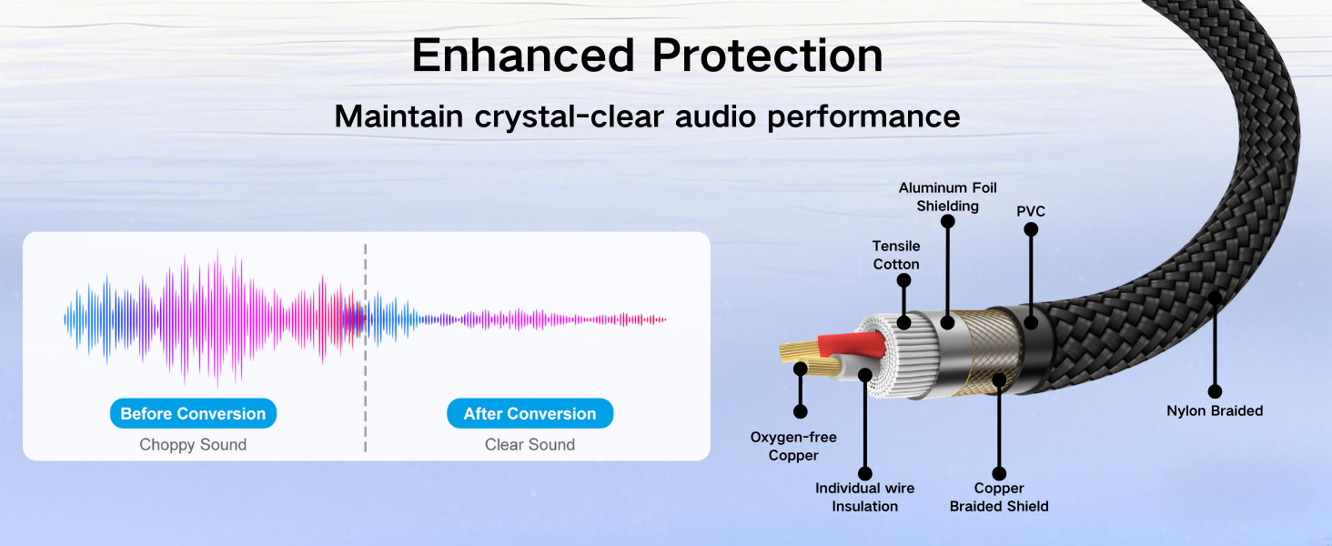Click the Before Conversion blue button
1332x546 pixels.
193,413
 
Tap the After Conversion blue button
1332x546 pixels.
530,413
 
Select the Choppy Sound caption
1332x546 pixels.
193,444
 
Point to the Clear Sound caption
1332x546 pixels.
530,444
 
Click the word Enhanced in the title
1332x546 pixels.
523,56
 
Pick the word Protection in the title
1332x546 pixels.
767,56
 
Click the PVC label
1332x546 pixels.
1031,211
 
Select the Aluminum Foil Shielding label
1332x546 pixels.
947,197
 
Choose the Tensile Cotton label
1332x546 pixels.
896,255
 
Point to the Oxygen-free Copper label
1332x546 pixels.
793,446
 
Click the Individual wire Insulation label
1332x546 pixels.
864,497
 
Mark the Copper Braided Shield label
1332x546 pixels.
999,497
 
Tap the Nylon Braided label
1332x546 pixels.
1215,411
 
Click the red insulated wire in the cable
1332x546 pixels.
852,344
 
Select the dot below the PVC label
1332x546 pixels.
1031,229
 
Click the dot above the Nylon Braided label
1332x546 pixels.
1215,391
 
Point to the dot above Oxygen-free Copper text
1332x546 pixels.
801,411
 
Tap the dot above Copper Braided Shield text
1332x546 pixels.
999,473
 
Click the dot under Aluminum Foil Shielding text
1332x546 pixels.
948,221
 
